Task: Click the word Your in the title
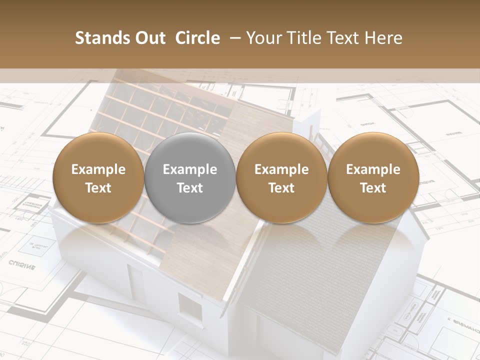click(263, 38)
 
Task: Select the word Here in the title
click(383, 38)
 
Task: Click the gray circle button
click(190, 178)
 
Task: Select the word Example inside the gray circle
click(190, 169)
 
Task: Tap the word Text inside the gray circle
click(190, 188)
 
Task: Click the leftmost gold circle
click(98, 178)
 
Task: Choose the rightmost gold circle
click(373, 178)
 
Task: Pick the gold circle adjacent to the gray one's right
click(281, 178)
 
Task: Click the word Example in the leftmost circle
click(98, 169)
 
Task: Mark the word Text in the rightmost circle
click(373, 188)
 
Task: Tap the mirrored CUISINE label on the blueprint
click(22, 264)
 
